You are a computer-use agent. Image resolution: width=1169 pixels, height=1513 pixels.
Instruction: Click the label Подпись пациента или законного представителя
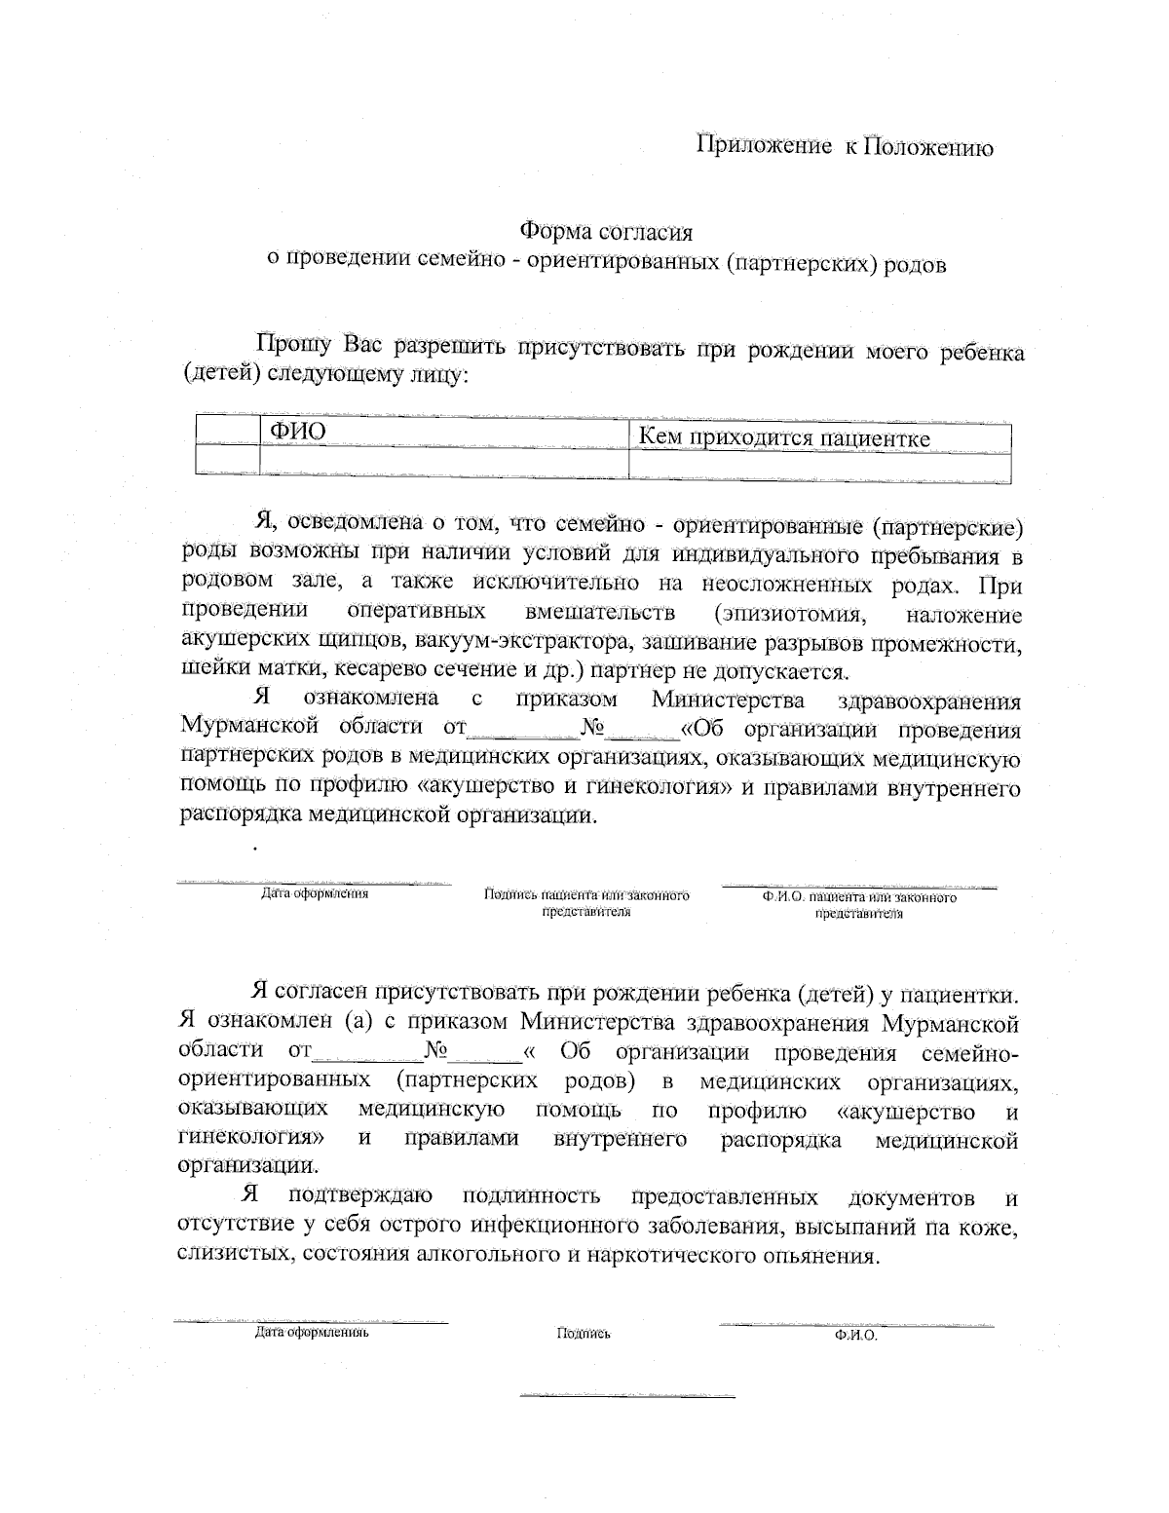tap(586, 903)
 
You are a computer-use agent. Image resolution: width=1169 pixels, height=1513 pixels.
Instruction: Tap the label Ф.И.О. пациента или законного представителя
tap(859, 905)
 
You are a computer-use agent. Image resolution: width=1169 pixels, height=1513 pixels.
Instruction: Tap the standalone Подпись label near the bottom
tap(584, 1334)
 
